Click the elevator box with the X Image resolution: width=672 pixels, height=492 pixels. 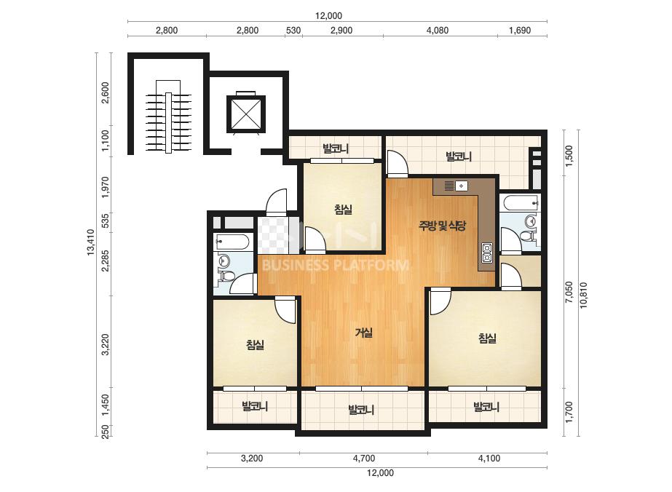point(245,114)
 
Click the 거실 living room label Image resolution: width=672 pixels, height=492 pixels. point(364,332)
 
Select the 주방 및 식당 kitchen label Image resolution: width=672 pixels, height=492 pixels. point(442,226)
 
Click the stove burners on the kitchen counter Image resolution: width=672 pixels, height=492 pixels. point(487,253)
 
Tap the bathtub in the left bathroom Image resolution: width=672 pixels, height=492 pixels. point(232,242)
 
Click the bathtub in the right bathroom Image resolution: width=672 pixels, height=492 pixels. point(521,203)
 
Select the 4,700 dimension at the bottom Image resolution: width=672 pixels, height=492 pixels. point(364,458)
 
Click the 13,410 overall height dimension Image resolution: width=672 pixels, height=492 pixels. point(90,242)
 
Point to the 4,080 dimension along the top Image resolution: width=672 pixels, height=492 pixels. point(438,31)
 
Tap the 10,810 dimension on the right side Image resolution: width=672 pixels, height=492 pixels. point(583,295)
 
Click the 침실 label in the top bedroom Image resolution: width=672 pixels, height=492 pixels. point(344,210)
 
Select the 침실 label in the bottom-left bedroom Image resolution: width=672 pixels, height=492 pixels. point(255,344)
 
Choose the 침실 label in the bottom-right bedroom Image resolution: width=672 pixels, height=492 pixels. point(487,338)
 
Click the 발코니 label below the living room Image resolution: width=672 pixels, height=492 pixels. point(361,410)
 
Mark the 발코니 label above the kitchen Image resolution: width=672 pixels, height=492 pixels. point(459,156)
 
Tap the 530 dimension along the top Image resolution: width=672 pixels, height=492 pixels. point(293,31)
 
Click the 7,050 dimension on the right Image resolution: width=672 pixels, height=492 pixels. point(569,293)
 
